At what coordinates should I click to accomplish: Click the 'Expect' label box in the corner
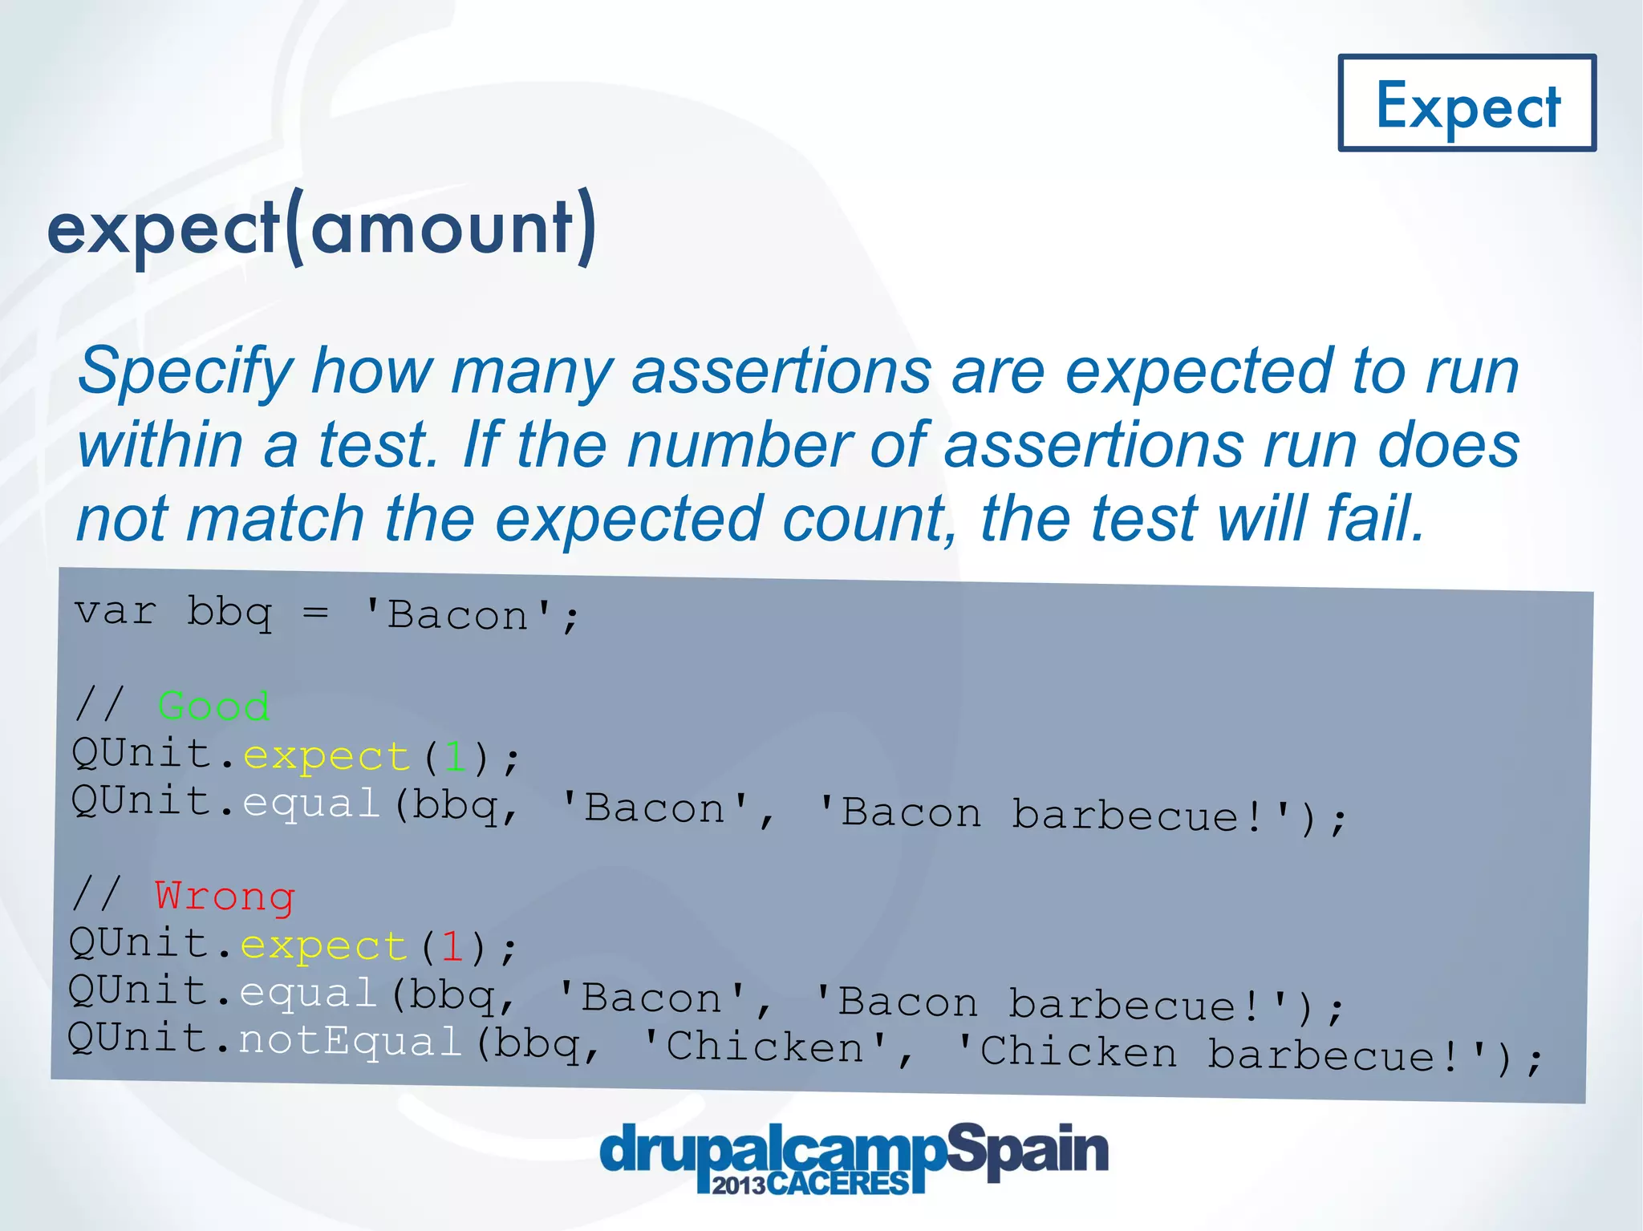point(1467,103)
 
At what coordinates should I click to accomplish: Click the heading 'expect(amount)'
point(322,228)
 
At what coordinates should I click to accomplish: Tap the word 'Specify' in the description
point(185,372)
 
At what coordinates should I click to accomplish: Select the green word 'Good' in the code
point(213,706)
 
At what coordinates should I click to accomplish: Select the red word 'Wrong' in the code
point(225,896)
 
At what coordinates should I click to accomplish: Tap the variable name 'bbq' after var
point(229,613)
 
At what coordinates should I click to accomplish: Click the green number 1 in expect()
point(456,756)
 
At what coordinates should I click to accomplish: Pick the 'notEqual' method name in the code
point(350,1041)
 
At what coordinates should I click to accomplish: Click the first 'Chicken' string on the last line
point(766,1047)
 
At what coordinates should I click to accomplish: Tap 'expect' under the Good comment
point(327,756)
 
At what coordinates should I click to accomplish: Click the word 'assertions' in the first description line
point(781,372)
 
